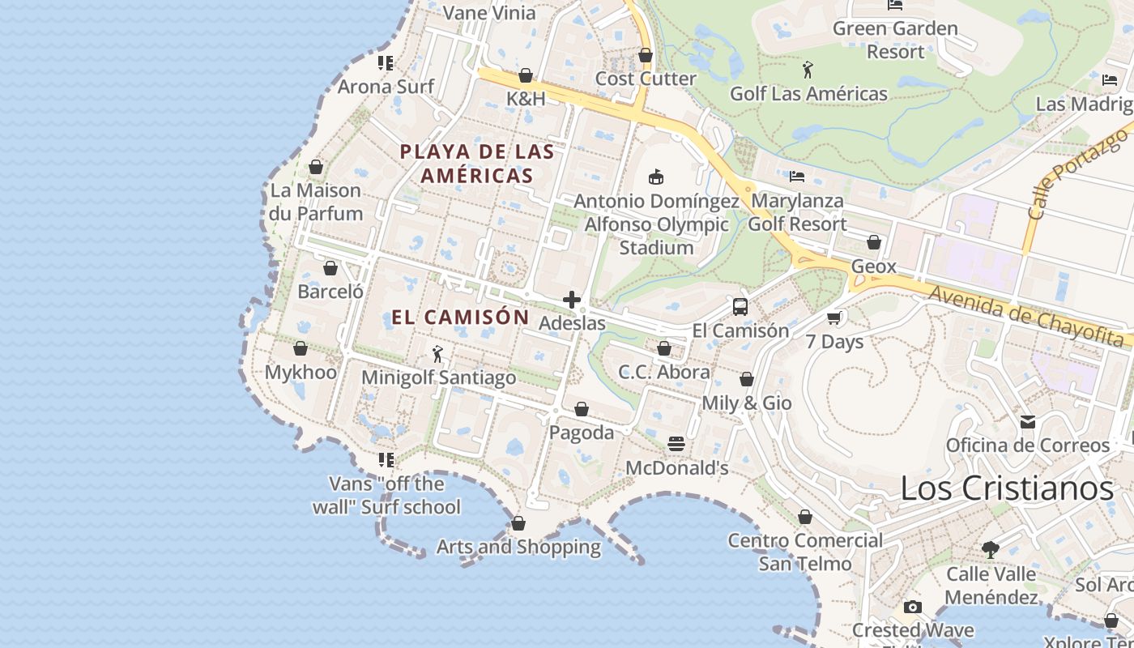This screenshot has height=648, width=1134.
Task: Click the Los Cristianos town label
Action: click(x=1007, y=488)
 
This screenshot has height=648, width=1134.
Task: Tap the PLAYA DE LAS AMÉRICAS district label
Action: click(x=477, y=164)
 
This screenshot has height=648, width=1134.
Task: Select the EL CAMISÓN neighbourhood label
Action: click(x=460, y=317)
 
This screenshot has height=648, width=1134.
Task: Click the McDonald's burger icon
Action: click(x=676, y=444)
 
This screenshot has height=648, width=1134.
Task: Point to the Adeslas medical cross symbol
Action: click(x=572, y=300)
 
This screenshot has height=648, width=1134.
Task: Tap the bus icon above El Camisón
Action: click(x=740, y=307)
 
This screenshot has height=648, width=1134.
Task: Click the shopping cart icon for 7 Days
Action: click(x=834, y=318)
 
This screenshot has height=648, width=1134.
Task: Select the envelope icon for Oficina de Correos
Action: click(x=1027, y=422)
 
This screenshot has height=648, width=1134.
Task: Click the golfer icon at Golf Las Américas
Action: click(x=808, y=70)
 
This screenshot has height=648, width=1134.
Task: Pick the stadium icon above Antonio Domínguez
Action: click(x=656, y=177)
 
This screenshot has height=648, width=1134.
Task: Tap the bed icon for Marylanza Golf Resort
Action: click(x=797, y=176)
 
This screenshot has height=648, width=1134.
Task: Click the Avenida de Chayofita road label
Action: click(x=1028, y=317)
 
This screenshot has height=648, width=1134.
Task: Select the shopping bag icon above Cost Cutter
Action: click(x=646, y=55)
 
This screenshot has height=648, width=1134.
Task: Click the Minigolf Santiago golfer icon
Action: click(x=437, y=354)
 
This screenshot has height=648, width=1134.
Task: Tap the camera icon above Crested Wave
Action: click(x=912, y=607)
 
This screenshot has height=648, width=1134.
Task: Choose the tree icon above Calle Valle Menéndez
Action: click(x=990, y=550)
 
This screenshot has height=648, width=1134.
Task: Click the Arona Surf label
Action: click(x=386, y=86)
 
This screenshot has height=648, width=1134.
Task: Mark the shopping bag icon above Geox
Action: click(x=873, y=242)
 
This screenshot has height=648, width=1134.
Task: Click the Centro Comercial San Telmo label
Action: click(x=805, y=552)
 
